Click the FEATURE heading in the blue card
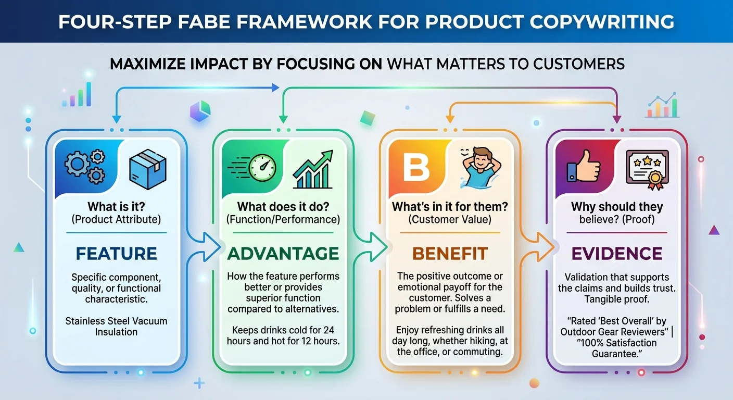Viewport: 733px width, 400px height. coord(116,254)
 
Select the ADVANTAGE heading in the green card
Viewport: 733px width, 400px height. coord(283,254)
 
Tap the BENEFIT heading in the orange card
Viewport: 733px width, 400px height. coord(450,254)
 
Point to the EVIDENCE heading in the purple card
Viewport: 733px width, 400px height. coord(617,254)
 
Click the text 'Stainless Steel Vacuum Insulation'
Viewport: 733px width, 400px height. coord(116,327)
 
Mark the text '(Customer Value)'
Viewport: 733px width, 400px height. coord(450,220)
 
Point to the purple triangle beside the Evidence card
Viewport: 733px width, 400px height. coord(714,230)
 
